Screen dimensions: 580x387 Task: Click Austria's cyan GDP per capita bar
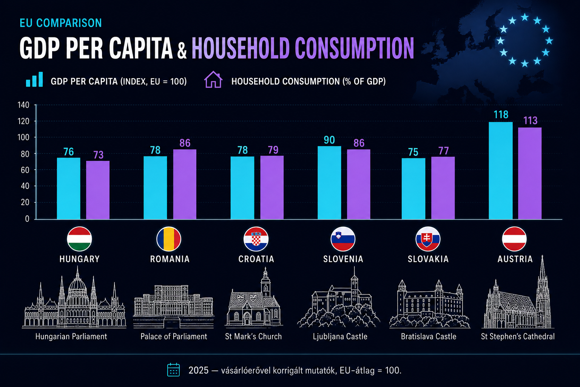tap(500, 170)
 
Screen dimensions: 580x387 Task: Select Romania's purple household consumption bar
tap(185, 184)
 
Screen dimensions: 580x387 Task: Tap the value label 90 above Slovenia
tap(329, 140)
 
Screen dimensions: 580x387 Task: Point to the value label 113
tap(530, 121)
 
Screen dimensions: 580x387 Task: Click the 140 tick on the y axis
tap(23, 105)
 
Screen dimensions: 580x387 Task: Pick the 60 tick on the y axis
tap(25, 170)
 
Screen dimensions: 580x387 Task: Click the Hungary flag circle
tap(79, 239)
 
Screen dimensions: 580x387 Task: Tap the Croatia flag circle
tap(256, 239)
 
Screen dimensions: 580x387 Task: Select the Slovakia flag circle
tap(428, 239)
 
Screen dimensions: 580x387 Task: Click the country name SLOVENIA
tap(343, 259)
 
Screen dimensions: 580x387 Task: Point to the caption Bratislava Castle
tap(429, 336)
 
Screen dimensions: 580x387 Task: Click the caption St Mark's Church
tap(253, 336)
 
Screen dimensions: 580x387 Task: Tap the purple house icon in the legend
tap(213, 80)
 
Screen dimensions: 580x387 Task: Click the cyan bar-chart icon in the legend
tap(34, 79)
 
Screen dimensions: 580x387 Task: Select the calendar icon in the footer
tap(173, 370)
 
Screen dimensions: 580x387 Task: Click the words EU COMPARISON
tap(60, 23)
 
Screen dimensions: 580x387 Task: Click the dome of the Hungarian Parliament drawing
tap(77, 285)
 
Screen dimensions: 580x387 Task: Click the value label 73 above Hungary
tap(99, 155)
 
